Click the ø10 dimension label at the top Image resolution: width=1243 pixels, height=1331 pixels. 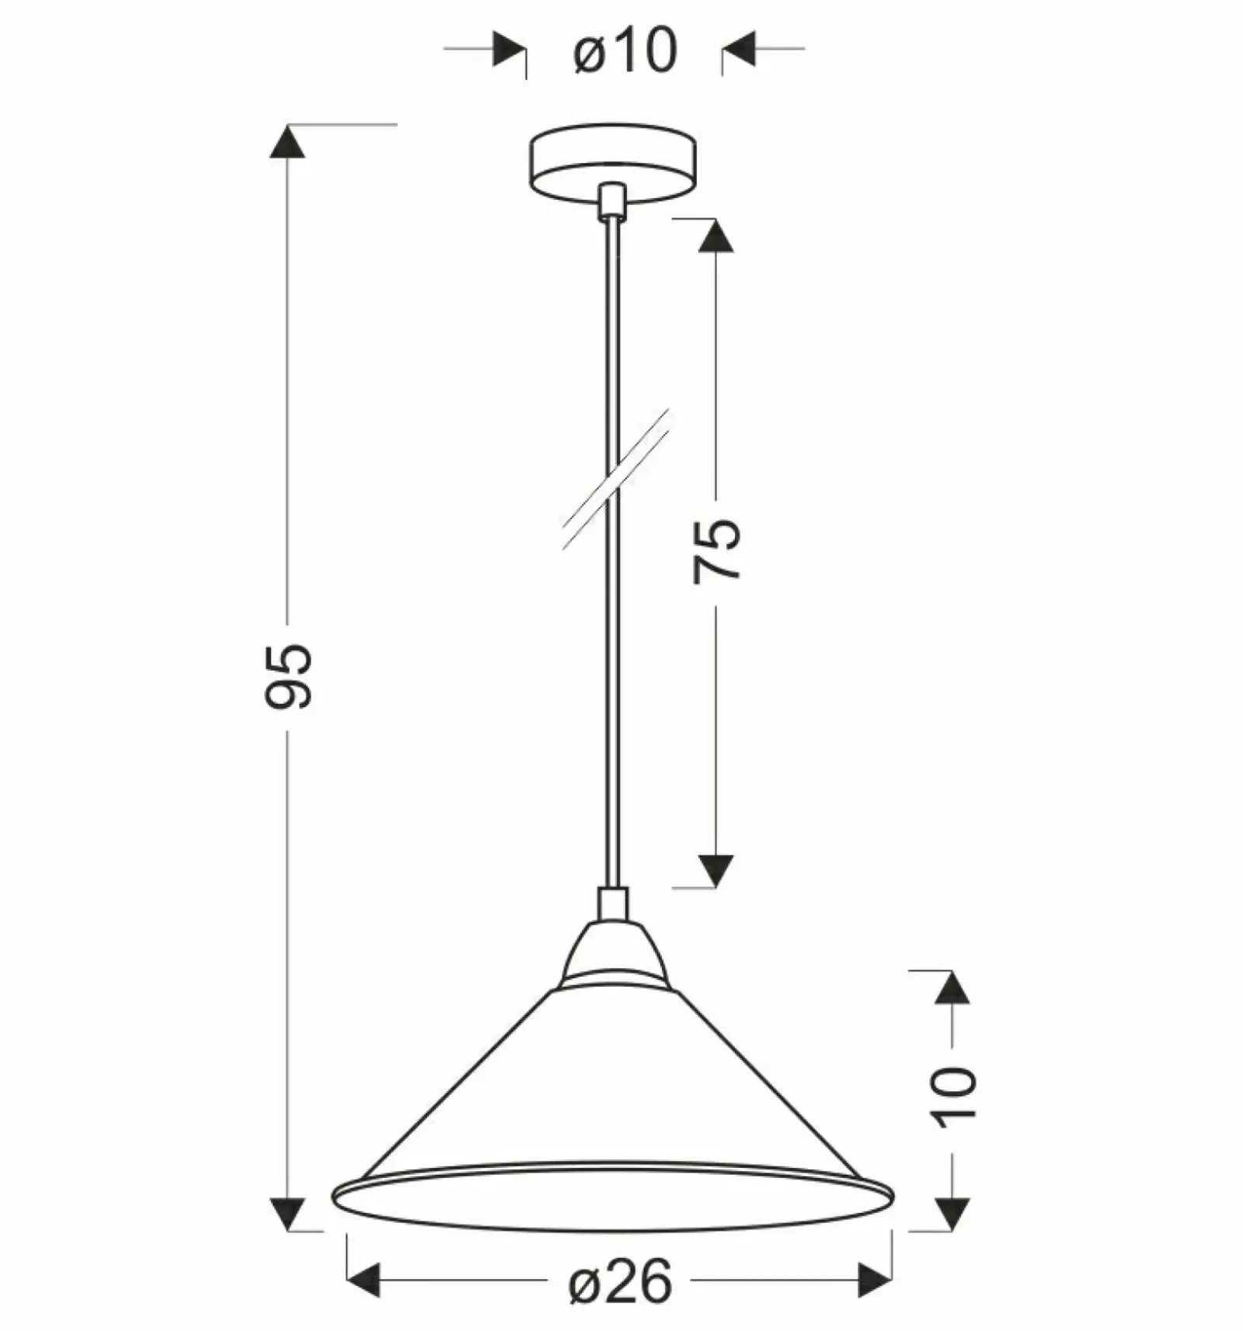[625, 51]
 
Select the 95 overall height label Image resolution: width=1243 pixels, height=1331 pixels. [287, 675]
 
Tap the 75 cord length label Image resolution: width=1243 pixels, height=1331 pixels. [716, 550]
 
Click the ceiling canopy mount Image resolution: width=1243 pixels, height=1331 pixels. [612, 162]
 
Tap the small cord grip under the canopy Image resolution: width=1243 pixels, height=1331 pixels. [612, 201]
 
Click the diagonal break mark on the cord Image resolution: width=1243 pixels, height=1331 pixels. [616, 479]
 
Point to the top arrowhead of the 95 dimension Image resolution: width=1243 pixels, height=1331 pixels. [287, 141]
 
